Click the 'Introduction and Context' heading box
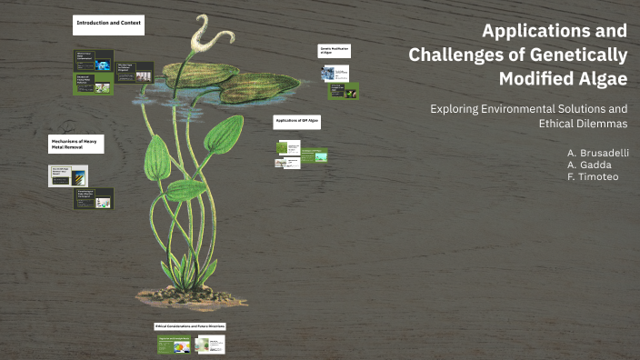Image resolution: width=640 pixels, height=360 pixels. (x=109, y=25)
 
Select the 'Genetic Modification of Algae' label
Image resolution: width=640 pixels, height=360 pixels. (x=336, y=51)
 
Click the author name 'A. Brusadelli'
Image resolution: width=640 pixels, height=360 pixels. (x=597, y=152)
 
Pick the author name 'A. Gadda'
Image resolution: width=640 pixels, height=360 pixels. (x=590, y=165)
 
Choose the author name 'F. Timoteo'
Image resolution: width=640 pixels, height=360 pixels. (x=593, y=177)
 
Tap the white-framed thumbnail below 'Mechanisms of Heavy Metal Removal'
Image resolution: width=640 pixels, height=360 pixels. (x=68, y=175)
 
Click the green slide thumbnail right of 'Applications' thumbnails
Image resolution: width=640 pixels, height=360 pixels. (x=314, y=155)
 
